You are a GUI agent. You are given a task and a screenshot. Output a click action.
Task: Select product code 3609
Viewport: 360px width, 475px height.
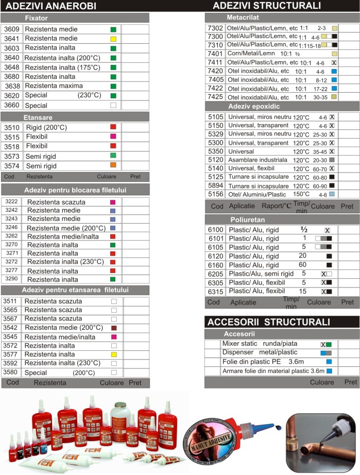click(x=11, y=29)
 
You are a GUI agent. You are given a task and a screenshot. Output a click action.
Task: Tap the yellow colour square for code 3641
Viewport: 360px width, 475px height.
click(x=113, y=39)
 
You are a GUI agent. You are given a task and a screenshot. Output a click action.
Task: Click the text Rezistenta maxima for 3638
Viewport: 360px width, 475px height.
click(x=54, y=86)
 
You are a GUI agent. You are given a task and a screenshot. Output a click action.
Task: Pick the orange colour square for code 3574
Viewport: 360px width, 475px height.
click(x=113, y=165)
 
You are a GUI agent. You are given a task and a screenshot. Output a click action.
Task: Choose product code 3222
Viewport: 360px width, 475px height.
click(x=11, y=202)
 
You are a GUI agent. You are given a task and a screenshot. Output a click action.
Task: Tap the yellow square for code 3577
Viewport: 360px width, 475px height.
click(x=114, y=354)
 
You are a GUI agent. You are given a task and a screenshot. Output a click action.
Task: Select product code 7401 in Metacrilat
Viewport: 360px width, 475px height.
click(x=215, y=53)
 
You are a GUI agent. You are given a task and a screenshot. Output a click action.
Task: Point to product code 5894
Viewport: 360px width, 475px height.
click(x=215, y=185)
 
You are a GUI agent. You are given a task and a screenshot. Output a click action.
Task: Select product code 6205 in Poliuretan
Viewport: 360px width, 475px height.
click(x=215, y=274)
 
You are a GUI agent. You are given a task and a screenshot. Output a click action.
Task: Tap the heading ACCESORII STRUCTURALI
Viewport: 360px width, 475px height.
click(x=268, y=323)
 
